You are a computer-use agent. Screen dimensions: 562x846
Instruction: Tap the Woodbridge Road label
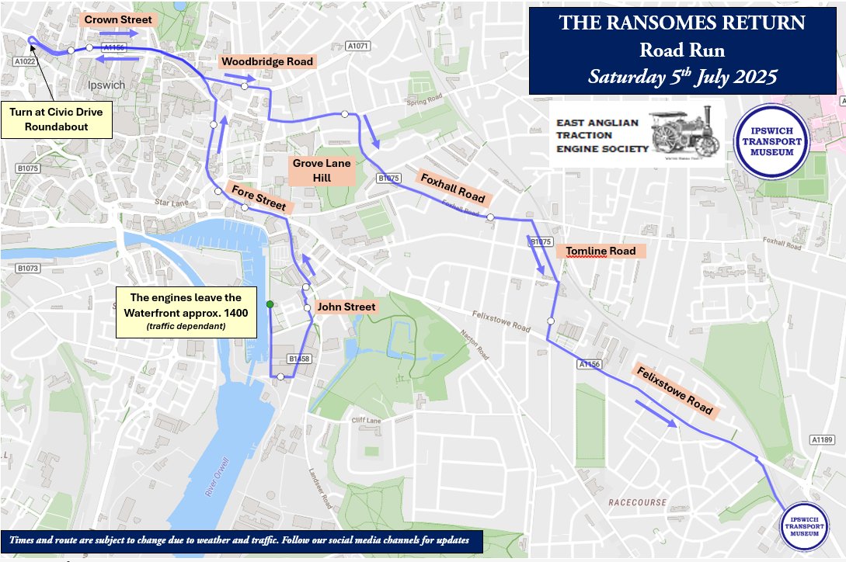pyautogui.click(x=266, y=61)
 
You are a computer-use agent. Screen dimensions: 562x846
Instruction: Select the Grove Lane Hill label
pyautogui.click(x=322, y=171)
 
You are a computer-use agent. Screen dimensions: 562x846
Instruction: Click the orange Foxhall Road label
pyautogui.click(x=452, y=188)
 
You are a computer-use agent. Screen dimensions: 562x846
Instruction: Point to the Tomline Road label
pyautogui.click(x=601, y=251)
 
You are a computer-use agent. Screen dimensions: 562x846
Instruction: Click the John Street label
pyautogui.click(x=348, y=307)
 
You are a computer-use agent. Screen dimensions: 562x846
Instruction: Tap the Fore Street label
pyautogui.click(x=259, y=196)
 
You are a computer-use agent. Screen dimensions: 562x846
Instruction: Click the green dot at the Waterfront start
pyautogui.click(x=269, y=304)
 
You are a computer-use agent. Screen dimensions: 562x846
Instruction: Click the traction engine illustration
pyautogui.click(x=684, y=130)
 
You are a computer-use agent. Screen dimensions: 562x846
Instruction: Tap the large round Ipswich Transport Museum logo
pyautogui.click(x=772, y=140)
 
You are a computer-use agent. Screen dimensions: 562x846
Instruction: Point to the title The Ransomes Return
pyautogui.click(x=682, y=23)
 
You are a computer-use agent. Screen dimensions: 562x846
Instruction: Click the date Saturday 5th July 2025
pyautogui.click(x=682, y=77)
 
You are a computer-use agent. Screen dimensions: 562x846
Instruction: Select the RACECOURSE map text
pyautogui.click(x=637, y=502)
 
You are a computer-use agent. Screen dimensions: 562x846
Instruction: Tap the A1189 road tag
pyautogui.click(x=821, y=439)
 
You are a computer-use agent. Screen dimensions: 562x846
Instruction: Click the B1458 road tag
pyautogui.click(x=299, y=359)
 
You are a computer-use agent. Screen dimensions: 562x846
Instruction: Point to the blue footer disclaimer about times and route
pyautogui.click(x=242, y=540)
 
